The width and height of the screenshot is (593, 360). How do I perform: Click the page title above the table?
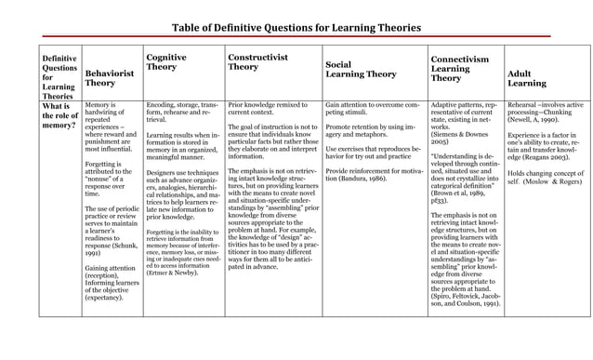pos(296,28)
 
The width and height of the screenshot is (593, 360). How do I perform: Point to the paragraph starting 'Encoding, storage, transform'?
pos(182,114)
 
